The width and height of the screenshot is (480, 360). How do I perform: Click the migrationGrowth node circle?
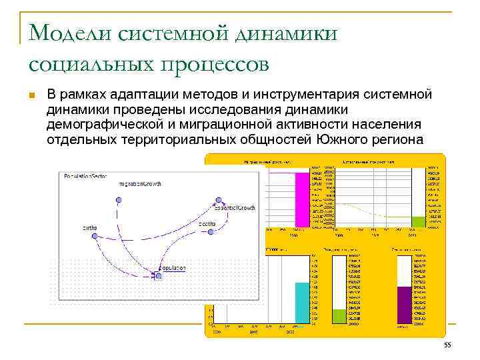click(118, 199)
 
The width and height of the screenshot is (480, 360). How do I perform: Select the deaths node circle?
click(211, 232)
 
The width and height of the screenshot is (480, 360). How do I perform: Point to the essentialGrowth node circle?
click(217, 199)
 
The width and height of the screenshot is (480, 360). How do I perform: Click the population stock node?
click(158, 275)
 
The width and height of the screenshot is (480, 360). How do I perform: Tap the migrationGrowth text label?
click(140, 183)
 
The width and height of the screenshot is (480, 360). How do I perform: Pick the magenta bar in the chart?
click(301, 200)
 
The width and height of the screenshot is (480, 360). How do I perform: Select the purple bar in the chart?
click(404, 305)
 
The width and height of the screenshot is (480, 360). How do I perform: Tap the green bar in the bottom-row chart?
click(339, 317)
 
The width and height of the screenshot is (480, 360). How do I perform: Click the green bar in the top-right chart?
click(418, 222)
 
